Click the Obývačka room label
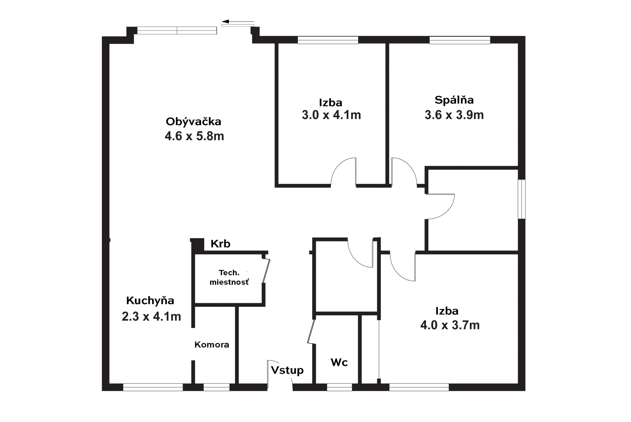point(194,122)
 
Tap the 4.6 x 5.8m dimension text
point(194,136)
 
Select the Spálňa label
point(454,100)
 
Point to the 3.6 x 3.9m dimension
point(454,115)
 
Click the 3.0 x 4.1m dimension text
point(331,115)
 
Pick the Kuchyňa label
point(150,300)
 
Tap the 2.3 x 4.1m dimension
point(151,316)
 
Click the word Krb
point(220,244)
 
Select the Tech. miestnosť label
point(229,278)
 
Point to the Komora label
point(212,345)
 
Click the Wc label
point(339,362)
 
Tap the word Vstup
point(287,371)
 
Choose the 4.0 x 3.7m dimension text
point(450,325)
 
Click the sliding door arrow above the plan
point(238,21)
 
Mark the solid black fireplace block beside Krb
point(197,245)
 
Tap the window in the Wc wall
point(339,387)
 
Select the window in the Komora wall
point(217,387)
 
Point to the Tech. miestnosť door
point(266,271)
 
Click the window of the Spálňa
point(460,40)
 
